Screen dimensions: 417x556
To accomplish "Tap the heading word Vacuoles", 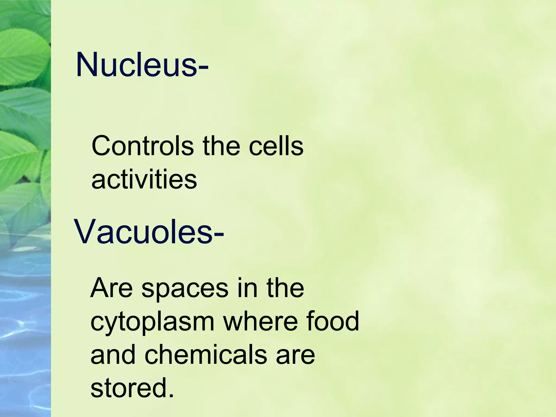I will click(143, 232).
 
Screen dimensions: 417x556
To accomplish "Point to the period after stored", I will click(171, 395).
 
